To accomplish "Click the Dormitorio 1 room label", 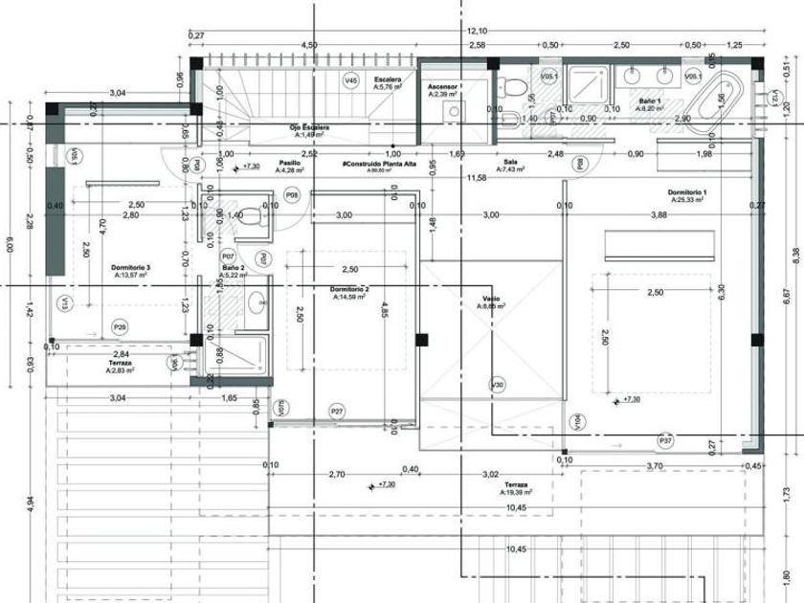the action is pos(686,193).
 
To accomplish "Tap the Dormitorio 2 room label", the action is pos(349,289).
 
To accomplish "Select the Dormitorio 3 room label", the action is pos(130,267).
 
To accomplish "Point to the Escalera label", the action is pos(388,79).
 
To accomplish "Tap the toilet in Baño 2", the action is pos(250,216).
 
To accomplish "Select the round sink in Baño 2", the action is pos(257,304).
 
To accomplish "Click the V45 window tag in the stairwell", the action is pos(351,81).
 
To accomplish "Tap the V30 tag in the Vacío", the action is pos(497,385).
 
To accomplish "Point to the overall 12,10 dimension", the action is pos(477,32).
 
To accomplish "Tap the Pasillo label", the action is pos(289,164).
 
